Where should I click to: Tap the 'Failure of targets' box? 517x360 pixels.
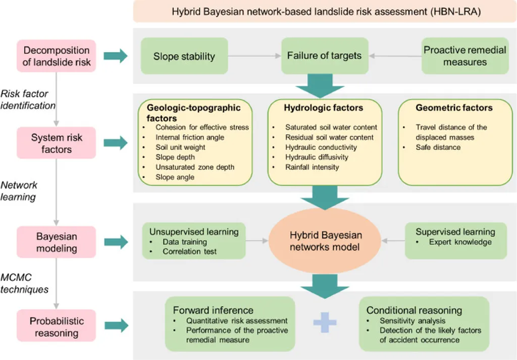click(324, 55)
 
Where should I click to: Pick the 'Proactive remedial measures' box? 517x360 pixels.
click(464, 56)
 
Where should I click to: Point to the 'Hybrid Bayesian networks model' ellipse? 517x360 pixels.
click(325, 241)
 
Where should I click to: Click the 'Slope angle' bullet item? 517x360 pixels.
click(176, 177)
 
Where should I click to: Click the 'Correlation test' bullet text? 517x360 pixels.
click(189, 250)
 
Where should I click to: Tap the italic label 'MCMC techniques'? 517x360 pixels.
click(25, 284)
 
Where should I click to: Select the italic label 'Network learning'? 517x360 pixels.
click(19, 191)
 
